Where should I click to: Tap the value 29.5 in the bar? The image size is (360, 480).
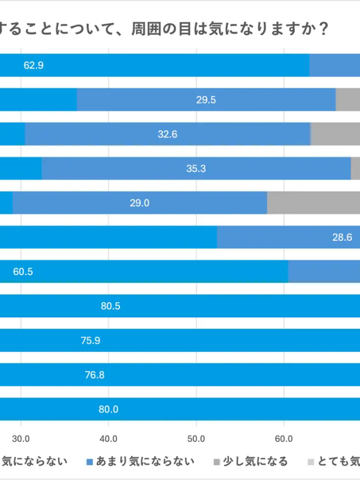[206, 100]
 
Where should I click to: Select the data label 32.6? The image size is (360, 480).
[168, 134]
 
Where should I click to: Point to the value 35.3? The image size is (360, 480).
[196, 168]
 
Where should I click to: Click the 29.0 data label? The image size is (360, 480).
[139, 203]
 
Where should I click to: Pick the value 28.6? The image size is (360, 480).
[342, 237]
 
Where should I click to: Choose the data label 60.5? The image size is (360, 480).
[23, 272]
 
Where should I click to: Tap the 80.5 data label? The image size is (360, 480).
[111, 306]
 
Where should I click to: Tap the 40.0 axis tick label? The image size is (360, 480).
[108, 438]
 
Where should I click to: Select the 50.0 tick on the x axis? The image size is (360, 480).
[196, 438]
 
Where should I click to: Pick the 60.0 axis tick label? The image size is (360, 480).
[283, 438]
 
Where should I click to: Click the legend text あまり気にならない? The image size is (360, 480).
[145, 461]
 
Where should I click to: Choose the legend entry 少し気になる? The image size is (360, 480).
[255, 461]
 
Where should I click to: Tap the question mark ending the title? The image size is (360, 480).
[323, 28]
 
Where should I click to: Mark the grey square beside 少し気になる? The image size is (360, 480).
[217, 462]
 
